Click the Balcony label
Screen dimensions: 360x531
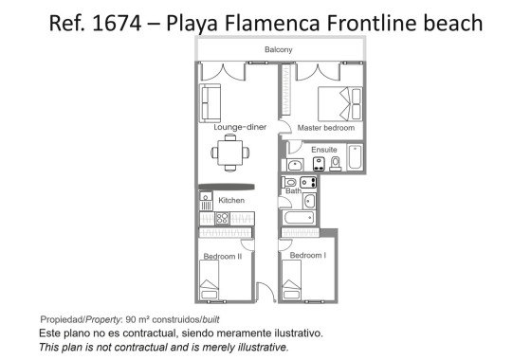(x=279, y=49)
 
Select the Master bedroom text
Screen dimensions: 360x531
(x=325, y=127)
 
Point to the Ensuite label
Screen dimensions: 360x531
(x=323, y=149)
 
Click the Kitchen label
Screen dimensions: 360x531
(x=231, y=200)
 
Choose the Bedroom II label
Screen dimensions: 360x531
(x=223, y=256)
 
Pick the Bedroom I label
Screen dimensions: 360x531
(x=307, y=256)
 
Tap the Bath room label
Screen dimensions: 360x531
(x=293, y=191)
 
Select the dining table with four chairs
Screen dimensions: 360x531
(x=230, y=151)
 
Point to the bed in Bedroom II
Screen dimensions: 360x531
(x=210, y=279)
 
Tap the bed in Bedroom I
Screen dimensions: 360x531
(x=292, y=279)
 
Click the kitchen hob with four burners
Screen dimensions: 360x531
(x=223, y=218)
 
